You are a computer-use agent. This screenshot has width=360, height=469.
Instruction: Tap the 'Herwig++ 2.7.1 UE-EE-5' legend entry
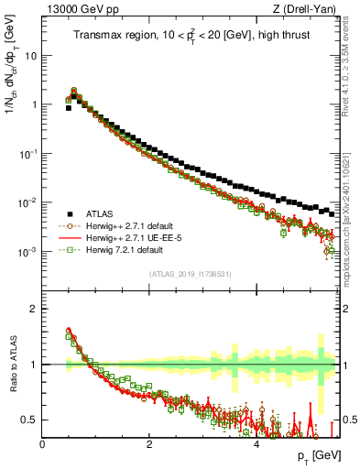(129, 236)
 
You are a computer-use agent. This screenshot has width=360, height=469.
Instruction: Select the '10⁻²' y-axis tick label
(28, 202)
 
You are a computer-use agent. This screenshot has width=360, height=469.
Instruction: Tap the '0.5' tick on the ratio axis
(28, 420)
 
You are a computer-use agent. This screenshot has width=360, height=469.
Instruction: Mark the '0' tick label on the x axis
(42, 444)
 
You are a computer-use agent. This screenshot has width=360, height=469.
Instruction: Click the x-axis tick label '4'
(256, 444)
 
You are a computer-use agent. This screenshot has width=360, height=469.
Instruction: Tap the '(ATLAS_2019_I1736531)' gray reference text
(190, 273)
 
